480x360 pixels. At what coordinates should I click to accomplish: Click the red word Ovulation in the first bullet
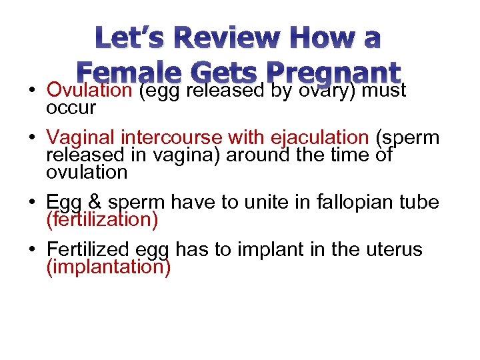pyautogui.click(x=90, y=90)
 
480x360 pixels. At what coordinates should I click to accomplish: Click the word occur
pyautogui.click(x=71, y=107)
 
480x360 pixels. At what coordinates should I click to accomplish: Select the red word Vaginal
pyautogui.click(x=81, y=138)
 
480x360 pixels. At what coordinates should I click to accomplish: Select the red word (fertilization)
pyautogui.click(x=102, y=220)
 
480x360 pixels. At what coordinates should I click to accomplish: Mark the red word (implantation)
pyautogui.click(x=109, y=267)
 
